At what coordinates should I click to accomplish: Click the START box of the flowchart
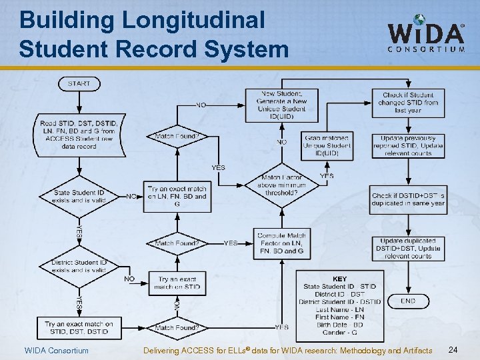(78, 83)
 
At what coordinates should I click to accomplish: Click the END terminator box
(409, 301)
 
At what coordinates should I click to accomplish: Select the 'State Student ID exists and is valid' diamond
(79, 196)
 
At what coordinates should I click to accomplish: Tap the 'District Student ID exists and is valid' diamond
(79, 266)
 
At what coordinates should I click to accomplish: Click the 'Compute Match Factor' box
(282, 243)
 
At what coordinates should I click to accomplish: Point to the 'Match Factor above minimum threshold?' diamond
(281, 185)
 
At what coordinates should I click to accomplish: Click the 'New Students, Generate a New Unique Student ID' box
(281, 105)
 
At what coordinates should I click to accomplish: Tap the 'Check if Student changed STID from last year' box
(408, 103)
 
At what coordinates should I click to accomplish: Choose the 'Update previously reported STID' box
(408, 145)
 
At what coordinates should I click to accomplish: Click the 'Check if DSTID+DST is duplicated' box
(408, 199)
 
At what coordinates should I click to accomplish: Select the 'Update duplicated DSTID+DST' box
(408, 248)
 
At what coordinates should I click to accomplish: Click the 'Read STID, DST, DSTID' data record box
(78, 135)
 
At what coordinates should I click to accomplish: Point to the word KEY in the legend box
(339, 279)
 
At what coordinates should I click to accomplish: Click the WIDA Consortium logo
(426, 34)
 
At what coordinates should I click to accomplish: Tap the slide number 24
(453, 350)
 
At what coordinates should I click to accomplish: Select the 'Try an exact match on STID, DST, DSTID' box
(79, 327)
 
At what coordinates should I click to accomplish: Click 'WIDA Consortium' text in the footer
(56, 351)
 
